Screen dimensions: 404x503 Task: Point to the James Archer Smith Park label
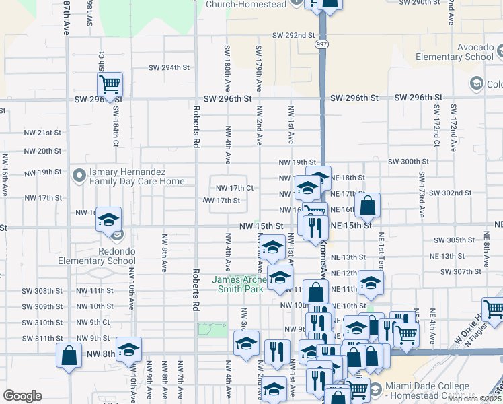point(239,284)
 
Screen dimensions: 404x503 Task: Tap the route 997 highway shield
point(323,43)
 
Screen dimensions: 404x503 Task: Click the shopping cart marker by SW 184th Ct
point(110,85)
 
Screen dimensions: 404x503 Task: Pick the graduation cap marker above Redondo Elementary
point(108,220)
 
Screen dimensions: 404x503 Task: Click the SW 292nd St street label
point(294,35)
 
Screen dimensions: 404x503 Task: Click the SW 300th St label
point(408,162)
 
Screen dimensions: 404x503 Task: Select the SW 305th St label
point(454,240)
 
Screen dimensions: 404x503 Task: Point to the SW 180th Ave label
point(228,63)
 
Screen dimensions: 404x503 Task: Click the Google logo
point(22,396)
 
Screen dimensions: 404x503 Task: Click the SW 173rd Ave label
point(422,195)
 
